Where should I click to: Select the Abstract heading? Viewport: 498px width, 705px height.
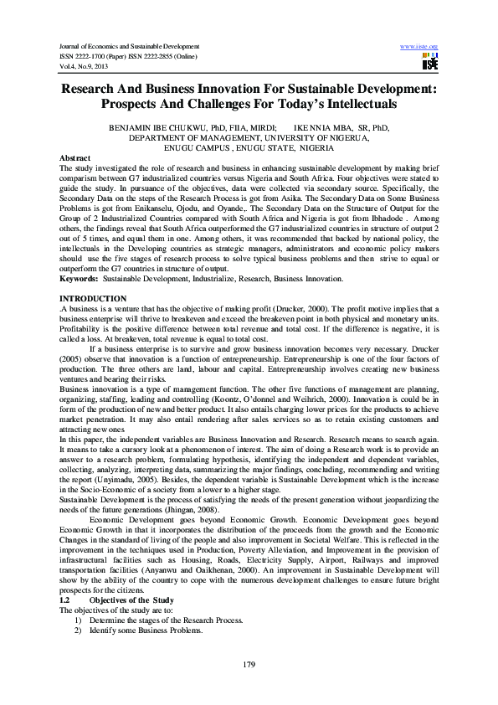click(76, 157)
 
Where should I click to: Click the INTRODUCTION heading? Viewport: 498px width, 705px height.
click(95, 299)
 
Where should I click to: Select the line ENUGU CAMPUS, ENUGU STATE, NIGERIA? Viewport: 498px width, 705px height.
click(249, 147)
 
